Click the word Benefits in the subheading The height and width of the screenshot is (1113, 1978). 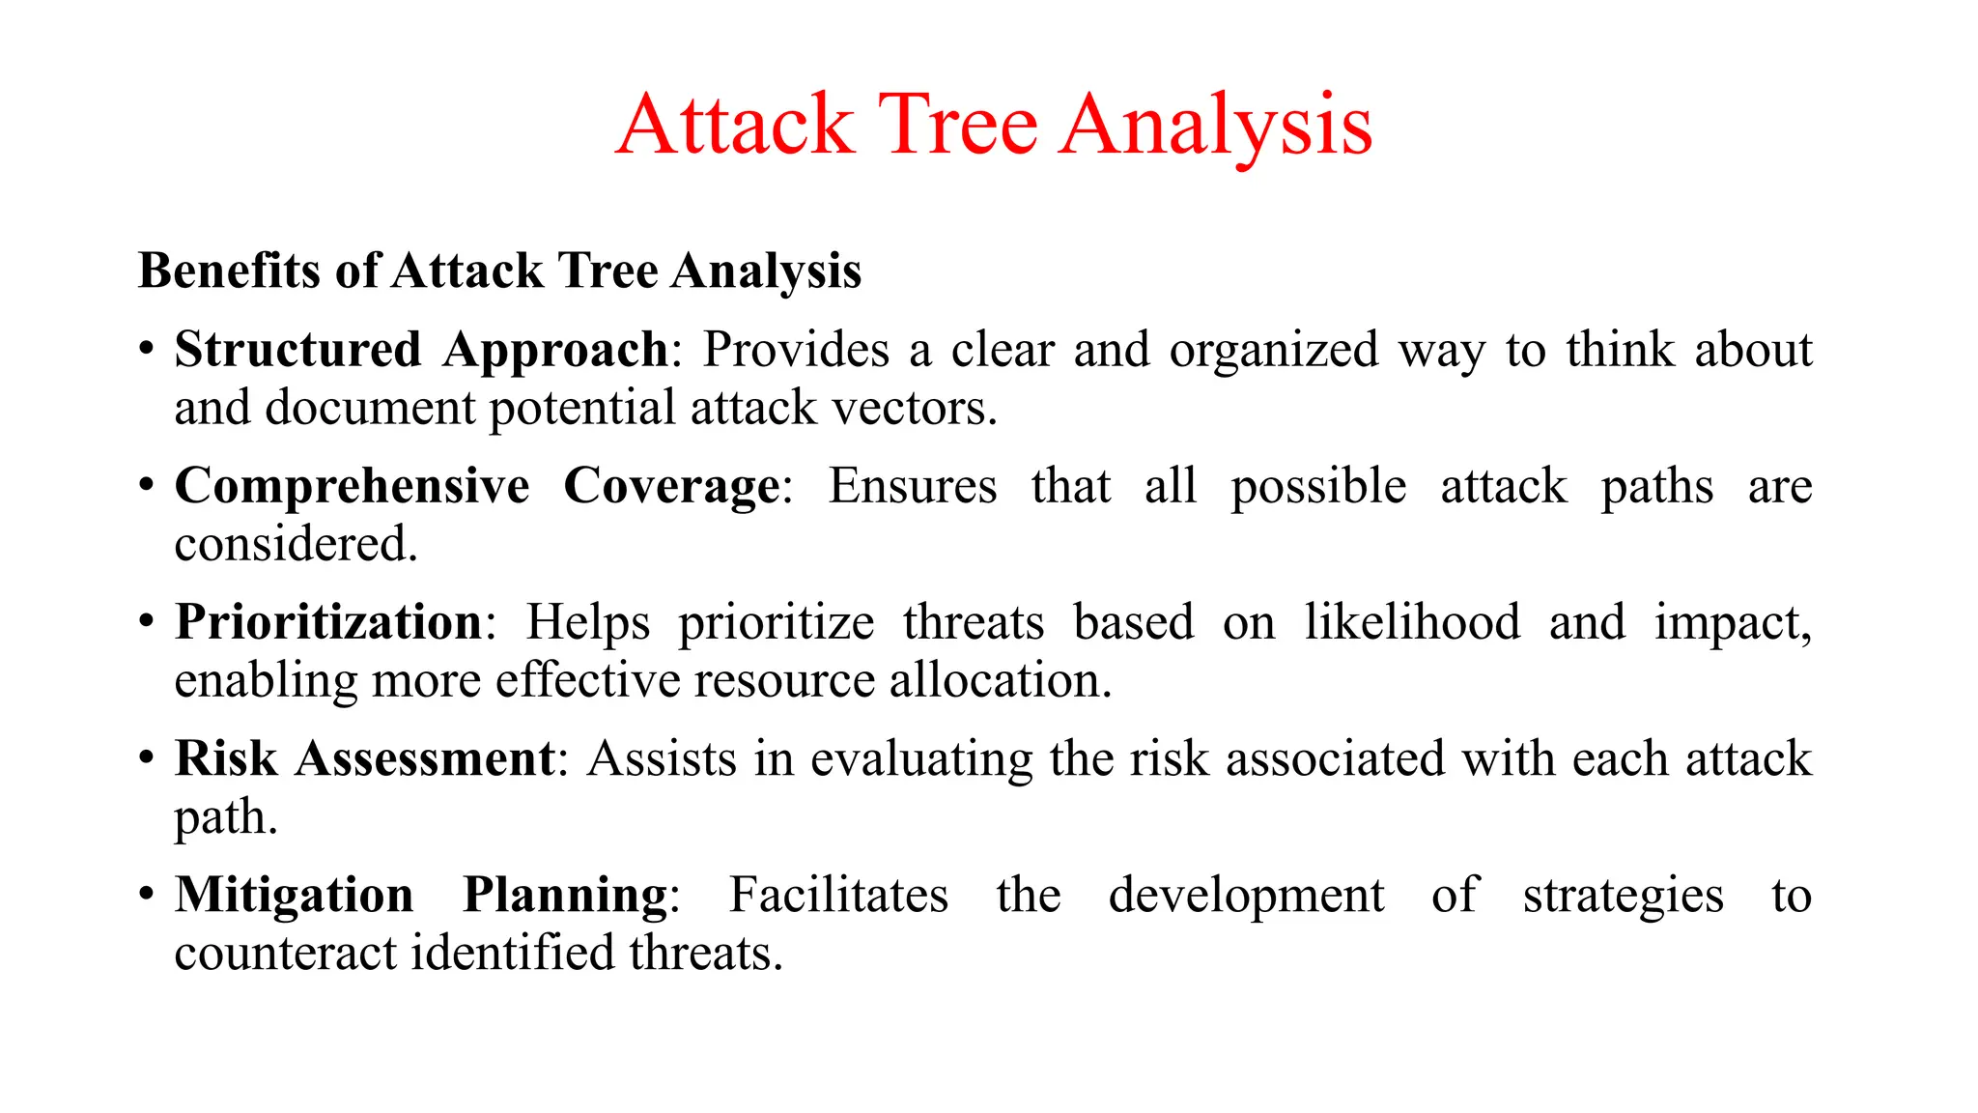coord(228,271)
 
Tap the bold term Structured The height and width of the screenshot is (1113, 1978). coord(297,350)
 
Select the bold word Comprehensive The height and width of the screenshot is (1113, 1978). coord(352,486)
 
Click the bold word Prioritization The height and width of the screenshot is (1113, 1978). coord(328,622)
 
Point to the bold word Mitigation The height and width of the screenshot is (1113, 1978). coord(294,895)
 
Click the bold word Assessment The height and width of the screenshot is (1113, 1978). coord(425,758)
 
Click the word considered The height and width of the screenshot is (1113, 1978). coord(296,545)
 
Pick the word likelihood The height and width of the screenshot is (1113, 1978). coord(1412,622)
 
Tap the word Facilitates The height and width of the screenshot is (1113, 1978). coord(837,895)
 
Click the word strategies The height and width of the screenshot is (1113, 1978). coord(1623,896)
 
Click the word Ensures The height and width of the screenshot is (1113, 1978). coord(912,486)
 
